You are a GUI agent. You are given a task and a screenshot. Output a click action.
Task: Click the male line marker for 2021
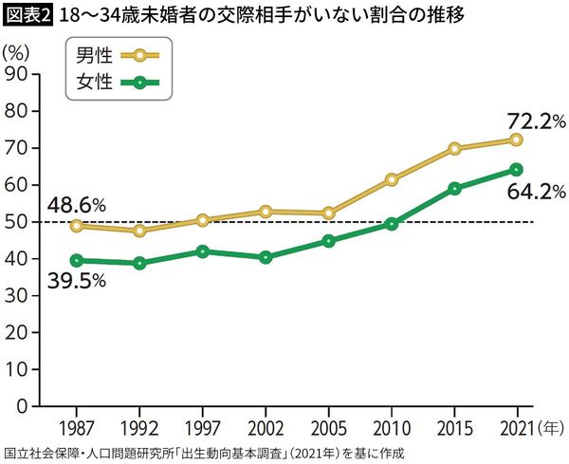(516, 139)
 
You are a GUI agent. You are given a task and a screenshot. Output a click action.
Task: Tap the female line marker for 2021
(516, 169)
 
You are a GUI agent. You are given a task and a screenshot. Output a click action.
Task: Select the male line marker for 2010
(392, 178)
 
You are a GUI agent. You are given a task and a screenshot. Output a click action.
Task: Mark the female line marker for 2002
(266, 257)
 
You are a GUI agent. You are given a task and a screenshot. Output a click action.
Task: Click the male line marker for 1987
(77, 226)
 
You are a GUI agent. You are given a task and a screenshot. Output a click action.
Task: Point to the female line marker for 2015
(454, 188)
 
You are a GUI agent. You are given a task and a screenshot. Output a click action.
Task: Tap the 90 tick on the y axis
(16, 74)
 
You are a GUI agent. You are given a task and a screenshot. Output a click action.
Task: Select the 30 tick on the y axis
(16, 295)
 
